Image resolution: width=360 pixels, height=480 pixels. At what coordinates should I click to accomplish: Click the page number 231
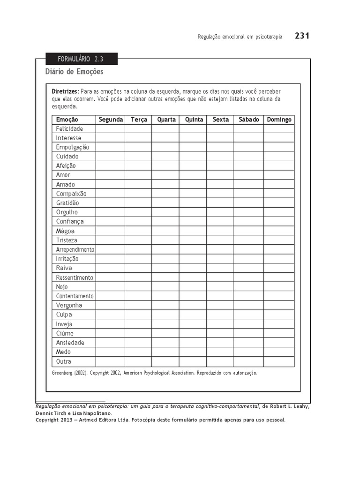pos(302,36)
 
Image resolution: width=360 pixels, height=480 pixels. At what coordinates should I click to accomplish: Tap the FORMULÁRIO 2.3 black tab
pos(81,59)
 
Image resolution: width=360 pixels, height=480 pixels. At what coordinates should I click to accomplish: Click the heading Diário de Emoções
pos(74,72)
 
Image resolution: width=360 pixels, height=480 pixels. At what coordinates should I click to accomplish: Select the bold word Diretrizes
pos(65,91)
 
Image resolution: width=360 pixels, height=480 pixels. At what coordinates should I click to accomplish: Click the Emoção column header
pos(67,120)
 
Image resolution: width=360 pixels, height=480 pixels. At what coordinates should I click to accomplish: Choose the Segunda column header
pos(111,120)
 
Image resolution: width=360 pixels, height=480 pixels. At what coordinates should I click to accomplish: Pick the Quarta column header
pos(166,120)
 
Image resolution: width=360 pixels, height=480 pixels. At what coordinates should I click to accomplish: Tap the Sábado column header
pos(248,120)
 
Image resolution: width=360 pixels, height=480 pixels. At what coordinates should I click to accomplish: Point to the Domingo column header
pos(279,120)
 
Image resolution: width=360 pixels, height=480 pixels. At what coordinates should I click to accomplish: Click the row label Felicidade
pos(69,128)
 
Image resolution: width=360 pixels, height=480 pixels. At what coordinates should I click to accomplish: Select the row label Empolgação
pos(72,147)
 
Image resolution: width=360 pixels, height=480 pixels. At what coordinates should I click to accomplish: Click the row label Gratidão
pos(67,203)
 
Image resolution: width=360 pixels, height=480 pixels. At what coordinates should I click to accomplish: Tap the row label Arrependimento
pos(75,249)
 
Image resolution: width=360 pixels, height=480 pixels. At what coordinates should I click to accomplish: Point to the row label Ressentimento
pos(75,277)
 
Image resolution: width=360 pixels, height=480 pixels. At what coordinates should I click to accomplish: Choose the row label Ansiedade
pos(70,343)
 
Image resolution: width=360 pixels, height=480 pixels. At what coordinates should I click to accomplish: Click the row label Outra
pos(64,361)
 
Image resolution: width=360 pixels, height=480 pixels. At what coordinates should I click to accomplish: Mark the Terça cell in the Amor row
pos(138,175)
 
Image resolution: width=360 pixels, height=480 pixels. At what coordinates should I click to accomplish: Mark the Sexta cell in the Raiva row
pos(220,268)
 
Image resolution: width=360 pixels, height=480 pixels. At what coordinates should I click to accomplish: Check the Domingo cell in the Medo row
pos(279,352)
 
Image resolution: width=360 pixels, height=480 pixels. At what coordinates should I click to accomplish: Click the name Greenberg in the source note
pos(61,373)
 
